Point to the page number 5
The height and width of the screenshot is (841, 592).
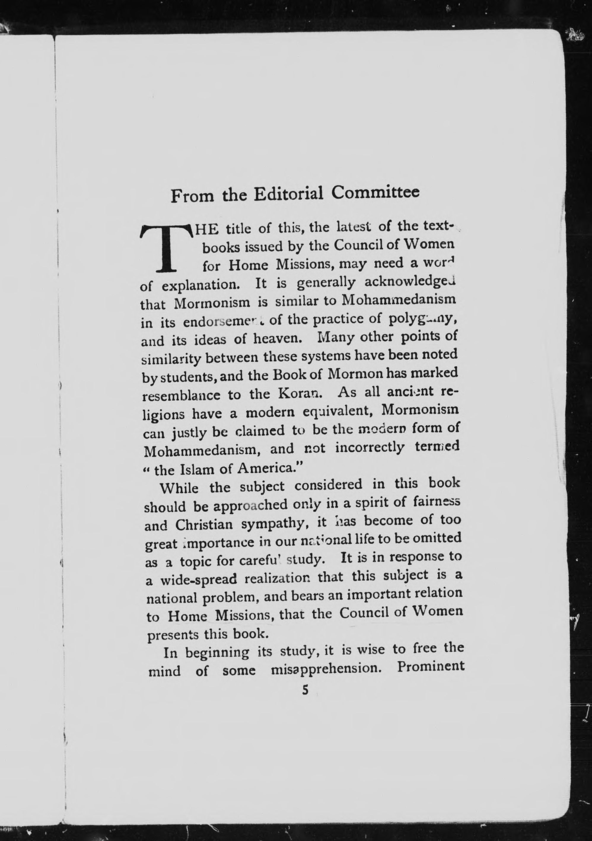click(305, 690)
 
